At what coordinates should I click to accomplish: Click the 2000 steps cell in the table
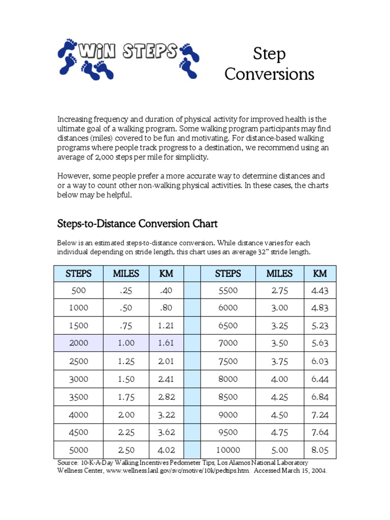(79, 343)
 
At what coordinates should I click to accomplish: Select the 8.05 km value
(320, 449)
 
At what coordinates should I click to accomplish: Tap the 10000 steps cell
(228, 449)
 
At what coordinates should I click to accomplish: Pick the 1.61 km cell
(166, 343)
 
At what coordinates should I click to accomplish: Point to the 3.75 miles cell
(279, 361)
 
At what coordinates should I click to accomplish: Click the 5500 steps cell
(228, 290)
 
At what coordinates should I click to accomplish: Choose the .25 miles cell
(126, 290)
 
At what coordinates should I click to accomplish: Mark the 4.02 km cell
(166, 449)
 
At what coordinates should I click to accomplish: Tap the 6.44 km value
(320, 378)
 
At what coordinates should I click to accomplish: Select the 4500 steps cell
(79, 432)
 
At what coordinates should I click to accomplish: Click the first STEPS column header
(79, 274)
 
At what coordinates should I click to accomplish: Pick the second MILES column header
(279, 274)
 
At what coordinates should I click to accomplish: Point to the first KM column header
(166, 274)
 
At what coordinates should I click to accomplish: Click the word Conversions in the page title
(269, 74)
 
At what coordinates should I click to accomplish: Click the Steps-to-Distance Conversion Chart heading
(137, 223)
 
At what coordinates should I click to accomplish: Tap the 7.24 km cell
(320, 414)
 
